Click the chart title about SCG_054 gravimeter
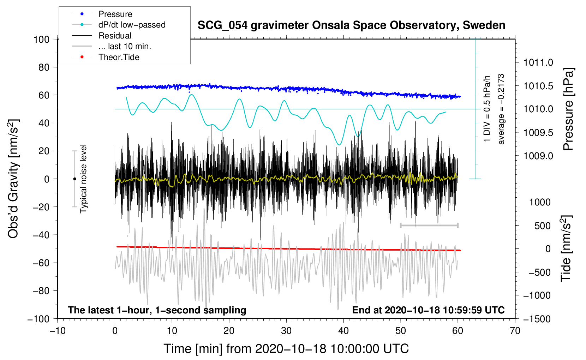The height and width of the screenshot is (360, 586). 351,25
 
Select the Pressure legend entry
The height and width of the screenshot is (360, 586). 115,14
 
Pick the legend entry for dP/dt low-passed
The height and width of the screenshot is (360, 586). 132,25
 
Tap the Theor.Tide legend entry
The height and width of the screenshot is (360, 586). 119,57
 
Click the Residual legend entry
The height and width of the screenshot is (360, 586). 115,36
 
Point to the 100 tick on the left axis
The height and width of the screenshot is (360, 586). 41,39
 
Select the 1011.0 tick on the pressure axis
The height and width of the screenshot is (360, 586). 538,62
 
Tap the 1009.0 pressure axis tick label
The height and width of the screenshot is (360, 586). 538,156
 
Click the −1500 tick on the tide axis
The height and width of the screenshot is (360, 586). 537,319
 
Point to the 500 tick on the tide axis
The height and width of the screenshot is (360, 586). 542,226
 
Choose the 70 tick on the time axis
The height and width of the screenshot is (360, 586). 515,331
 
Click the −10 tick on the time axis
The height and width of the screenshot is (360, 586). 58,331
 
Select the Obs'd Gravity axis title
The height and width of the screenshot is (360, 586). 13,179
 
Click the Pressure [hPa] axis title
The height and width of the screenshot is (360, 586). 568,109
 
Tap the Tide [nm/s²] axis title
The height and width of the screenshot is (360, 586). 566,248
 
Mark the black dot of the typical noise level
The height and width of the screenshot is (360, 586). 74,179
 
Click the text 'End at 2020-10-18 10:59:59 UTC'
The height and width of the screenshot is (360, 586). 428,310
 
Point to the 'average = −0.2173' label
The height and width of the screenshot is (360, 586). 501,109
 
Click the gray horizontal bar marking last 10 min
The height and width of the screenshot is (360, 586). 429,225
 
